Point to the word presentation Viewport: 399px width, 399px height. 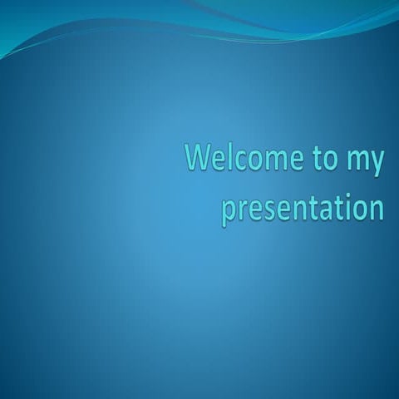[x=303, y=208]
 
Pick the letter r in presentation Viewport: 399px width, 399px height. [x=242, y=209]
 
